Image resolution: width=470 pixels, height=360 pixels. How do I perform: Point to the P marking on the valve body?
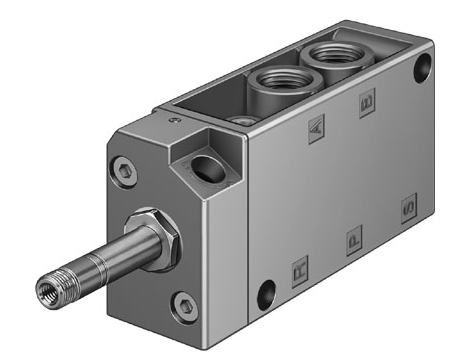tap(351, 240)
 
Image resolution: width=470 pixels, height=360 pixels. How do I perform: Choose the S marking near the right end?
tap(406, 211)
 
